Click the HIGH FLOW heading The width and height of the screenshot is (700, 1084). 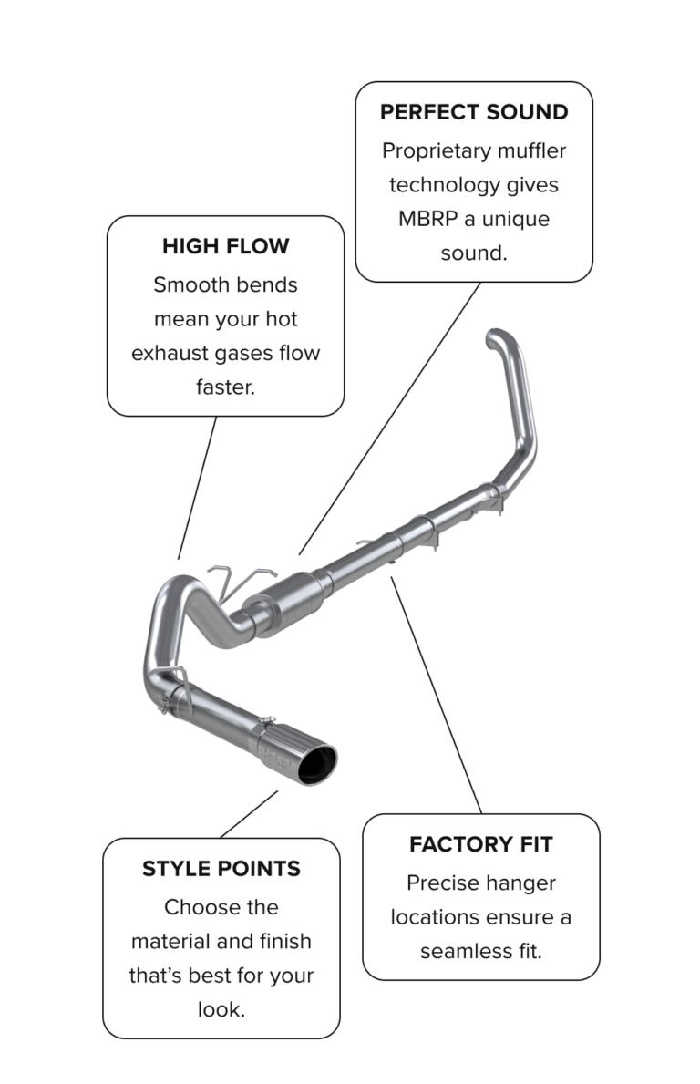[225, 246]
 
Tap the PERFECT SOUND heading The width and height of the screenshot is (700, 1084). [474, 112]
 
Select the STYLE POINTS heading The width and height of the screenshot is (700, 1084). [221, 869]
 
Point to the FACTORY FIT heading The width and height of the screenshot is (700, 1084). [480, 844]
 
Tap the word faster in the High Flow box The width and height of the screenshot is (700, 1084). [225, 387]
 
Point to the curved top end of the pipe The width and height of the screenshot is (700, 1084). [502, 336]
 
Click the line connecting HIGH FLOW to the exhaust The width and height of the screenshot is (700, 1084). [198, 488]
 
